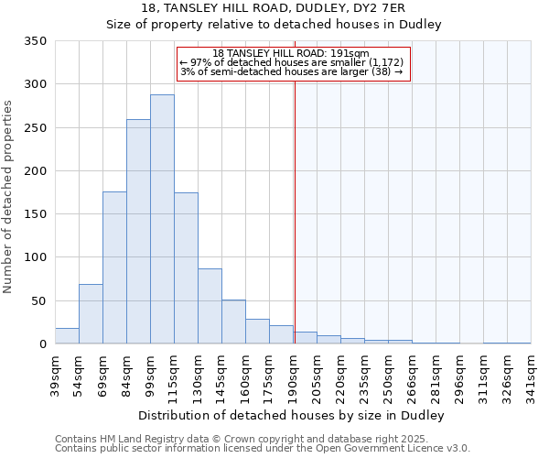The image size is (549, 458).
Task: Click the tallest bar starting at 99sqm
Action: coord(162,220)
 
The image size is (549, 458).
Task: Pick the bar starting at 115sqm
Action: coord(186,268)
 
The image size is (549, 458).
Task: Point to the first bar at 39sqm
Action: coord(67,336)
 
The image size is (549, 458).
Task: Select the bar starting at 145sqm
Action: coord(233,322)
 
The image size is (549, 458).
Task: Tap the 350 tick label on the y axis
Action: coord(36,41)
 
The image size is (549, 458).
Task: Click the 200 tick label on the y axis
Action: coord(36,171)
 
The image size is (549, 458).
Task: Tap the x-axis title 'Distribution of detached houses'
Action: coord(292,416)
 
